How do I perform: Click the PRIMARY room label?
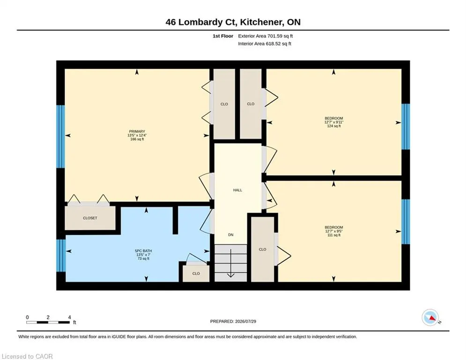[x=137, y=132]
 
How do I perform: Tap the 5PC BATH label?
[x=143, y=251]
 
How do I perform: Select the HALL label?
[x=237, y=190]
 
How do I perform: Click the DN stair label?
[x=230, y=235]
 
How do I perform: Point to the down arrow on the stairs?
[x=230, y=263]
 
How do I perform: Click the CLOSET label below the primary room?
[x=90, y=218]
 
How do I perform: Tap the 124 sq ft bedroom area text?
[x=334, y=126]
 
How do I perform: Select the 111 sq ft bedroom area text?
[x=334, y=235]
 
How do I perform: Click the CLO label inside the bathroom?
[x=196, y=273]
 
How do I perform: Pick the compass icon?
[x=430, y=317]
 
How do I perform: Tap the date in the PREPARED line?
[x=245, y=321]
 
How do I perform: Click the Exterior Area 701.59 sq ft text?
[x=266, y=36]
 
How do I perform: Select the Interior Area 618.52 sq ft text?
[x=265, y=44]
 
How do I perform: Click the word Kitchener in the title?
[x=261, y=22]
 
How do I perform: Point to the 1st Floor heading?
[x=223, y=36]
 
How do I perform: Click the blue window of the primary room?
[x=60, y=136]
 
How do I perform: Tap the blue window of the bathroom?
[x=61, y=255]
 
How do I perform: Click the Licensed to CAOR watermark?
[x=27, y=356]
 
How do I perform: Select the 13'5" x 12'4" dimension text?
[x=137, y=135]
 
